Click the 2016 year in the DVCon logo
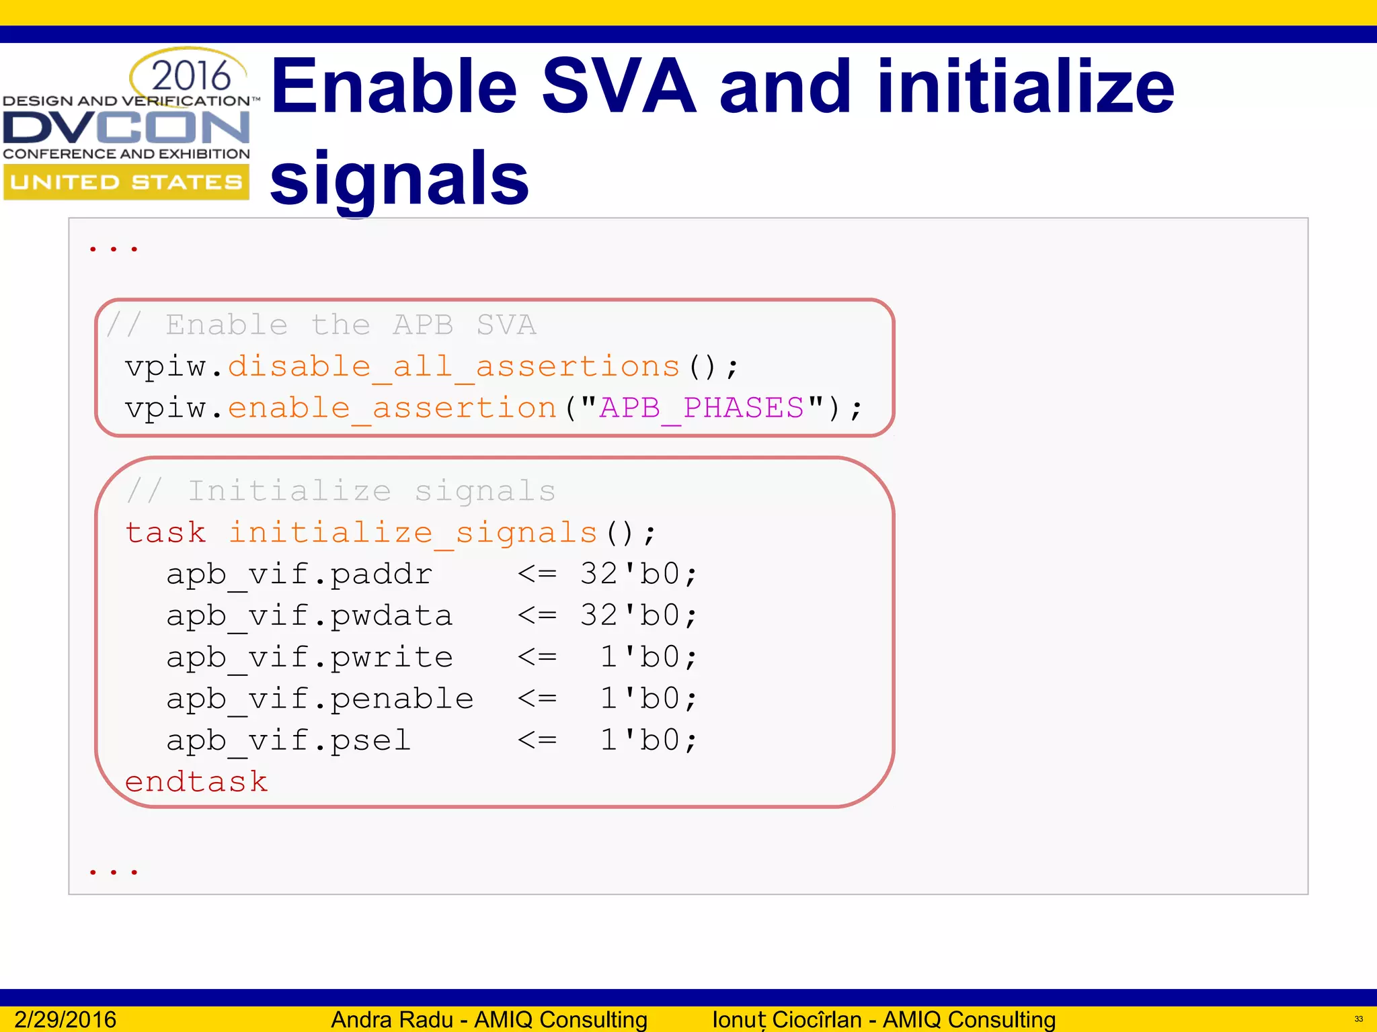[x=191, y=75]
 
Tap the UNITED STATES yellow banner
[x=126, y=182]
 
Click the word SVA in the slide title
[x=619, y=87]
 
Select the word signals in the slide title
[x=399, y=179]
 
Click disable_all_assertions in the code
[x=454, y=367]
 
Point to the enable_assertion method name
[x=392, y=408]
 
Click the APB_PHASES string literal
[x=701, y=408]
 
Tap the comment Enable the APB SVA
[x=321, y=325]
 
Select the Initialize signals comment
[x=342, y=491]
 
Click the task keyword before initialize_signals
[x=165, y=533]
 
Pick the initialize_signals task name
[x=413, y=533]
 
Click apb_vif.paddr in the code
[x=299, y=574]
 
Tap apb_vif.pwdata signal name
[x=309, y=616]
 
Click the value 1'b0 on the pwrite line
[x=640, y=657]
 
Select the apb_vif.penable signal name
[x=320, y=699]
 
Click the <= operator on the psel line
[x=537, y=740]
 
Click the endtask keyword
[x=196, y=782]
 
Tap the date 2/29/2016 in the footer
[x=65, y=1019]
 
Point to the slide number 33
[x=1358, y=1019]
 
